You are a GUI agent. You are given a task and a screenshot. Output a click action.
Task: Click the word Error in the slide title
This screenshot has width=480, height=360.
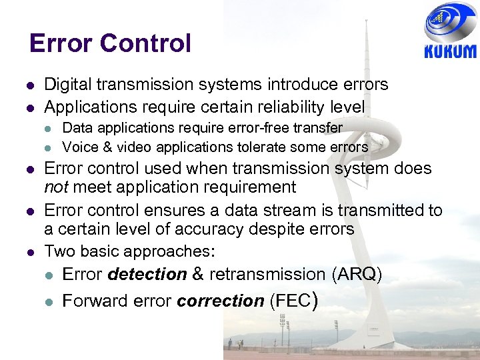(x=60, y=43)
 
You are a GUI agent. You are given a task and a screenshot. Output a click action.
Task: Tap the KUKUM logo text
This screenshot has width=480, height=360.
(x=450, y=51)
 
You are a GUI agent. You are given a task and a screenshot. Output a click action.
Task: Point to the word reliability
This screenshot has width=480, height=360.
(x=287, y=107)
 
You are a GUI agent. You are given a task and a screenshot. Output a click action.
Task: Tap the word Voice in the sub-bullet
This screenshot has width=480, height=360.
(x=78, y=147)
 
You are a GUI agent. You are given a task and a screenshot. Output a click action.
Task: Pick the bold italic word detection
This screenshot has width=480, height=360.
(x=147, y=274)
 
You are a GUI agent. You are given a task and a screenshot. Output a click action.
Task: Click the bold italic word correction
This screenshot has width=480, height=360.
(x=221, y=301)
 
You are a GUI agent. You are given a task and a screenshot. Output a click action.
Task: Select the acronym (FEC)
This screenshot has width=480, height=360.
(x=293, y=301)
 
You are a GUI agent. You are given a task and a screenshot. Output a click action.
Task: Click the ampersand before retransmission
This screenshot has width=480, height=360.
(x=198, y=274)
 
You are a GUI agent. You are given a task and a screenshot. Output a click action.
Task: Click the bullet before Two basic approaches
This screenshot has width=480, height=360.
(x=31, y=252)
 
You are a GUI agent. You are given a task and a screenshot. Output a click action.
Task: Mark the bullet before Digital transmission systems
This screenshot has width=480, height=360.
(x=31, y=85)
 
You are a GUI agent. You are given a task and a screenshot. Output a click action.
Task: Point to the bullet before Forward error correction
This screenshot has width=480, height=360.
(x=49, y=302)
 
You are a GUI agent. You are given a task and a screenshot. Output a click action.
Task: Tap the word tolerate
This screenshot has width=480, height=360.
(x=262, y=147)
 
